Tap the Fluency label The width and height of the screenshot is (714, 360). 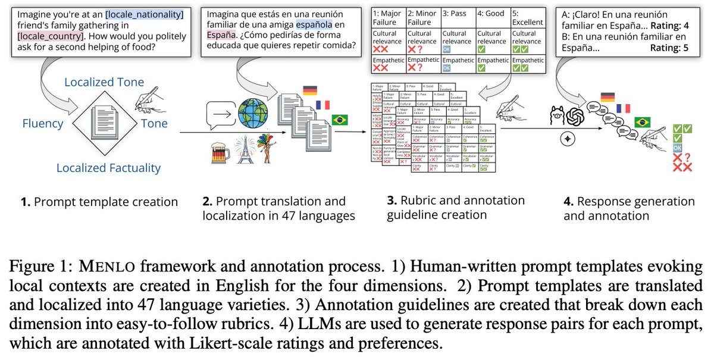point(43,124)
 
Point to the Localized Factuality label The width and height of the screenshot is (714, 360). point(108,168)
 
